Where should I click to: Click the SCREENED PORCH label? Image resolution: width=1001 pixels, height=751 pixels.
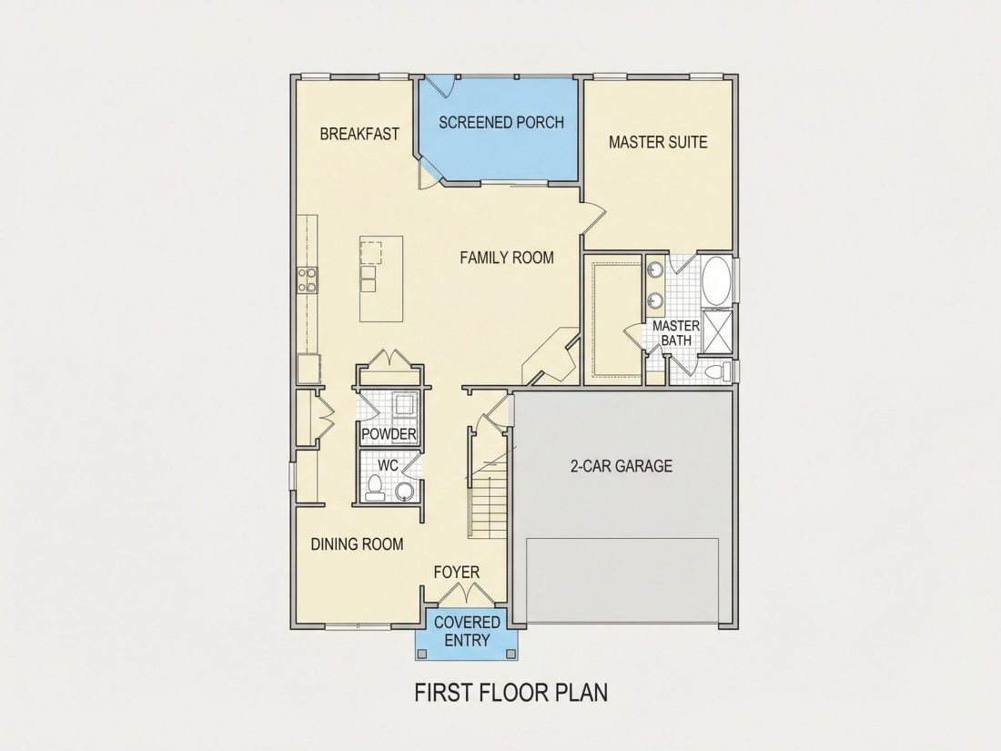(501, 122)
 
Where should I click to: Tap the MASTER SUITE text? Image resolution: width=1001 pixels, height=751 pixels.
(658, 142)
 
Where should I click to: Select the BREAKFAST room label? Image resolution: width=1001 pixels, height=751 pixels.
(359, 134)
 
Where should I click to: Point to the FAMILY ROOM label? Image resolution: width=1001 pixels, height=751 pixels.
(507, 258)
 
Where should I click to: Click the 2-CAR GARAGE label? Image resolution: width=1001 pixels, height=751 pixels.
(622, 466)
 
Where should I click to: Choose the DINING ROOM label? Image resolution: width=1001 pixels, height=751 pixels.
(357, 544)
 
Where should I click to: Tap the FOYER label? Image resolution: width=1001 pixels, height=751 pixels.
(457, 573)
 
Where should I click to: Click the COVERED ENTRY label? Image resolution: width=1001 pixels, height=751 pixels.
(468, 631)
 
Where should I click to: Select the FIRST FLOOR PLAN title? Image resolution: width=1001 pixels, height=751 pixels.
(511, 692)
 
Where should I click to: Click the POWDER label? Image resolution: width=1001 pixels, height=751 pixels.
(389, 435)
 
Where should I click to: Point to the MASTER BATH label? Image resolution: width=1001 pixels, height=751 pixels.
(676, 332)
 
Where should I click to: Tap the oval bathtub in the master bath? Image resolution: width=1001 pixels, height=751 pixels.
(718, 281)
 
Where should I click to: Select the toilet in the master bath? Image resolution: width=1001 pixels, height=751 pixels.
(718, 370)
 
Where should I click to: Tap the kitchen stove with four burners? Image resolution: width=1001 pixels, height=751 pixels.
(307, 279)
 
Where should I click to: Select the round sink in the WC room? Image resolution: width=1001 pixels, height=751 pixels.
(404, 491)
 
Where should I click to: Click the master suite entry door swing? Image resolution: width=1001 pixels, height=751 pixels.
(591, 218)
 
